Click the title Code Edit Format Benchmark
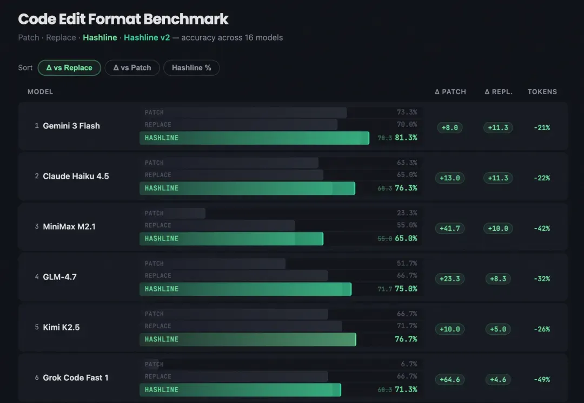[x=123, y=19]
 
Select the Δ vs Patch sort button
[x=132, y=68]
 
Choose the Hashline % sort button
[x=191, y=68]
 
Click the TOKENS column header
[x=542, y=92]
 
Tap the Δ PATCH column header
[x=450, y=92]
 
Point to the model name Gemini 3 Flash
[x=71, y=126]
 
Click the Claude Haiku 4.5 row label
[x=76, y=176]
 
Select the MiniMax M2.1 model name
[x=69, y=226]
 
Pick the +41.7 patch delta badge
[x=450, y=229]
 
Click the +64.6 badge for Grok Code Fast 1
[x=450, y=380]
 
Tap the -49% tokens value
[x=541, y=380]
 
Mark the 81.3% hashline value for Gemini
[x=406, y=138]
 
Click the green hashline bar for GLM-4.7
[x=245, y=289]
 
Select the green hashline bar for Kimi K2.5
[x=248, y=339]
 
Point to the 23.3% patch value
[x=407, y=213]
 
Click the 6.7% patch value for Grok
[x=408, y=364]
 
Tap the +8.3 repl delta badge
[x=498, y=279]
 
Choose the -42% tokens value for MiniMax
[x=541, y=229]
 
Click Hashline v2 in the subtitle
[x=147, y=37]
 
